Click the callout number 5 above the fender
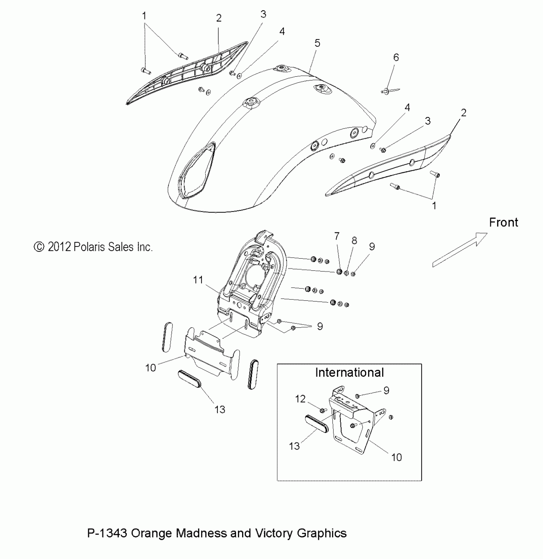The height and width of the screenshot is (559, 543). [317, 43]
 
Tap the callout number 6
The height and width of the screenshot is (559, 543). [396, 58]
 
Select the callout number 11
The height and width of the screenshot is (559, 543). [198, 280]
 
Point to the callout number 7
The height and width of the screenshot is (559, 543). [337, 236]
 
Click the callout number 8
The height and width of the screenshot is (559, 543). [354, 241]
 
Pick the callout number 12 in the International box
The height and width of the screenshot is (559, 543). [300, 399]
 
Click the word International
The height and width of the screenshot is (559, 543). [349, 373]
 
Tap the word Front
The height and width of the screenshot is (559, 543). [503, 222]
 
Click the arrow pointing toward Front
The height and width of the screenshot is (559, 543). [460, 249]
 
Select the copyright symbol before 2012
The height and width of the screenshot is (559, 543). [39, 247]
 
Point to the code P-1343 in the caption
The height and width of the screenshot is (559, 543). [107, 533]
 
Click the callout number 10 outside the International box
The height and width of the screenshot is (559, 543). [150, 368]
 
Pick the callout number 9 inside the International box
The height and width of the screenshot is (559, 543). [386, 391]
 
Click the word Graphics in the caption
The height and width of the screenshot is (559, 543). [322, 533]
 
